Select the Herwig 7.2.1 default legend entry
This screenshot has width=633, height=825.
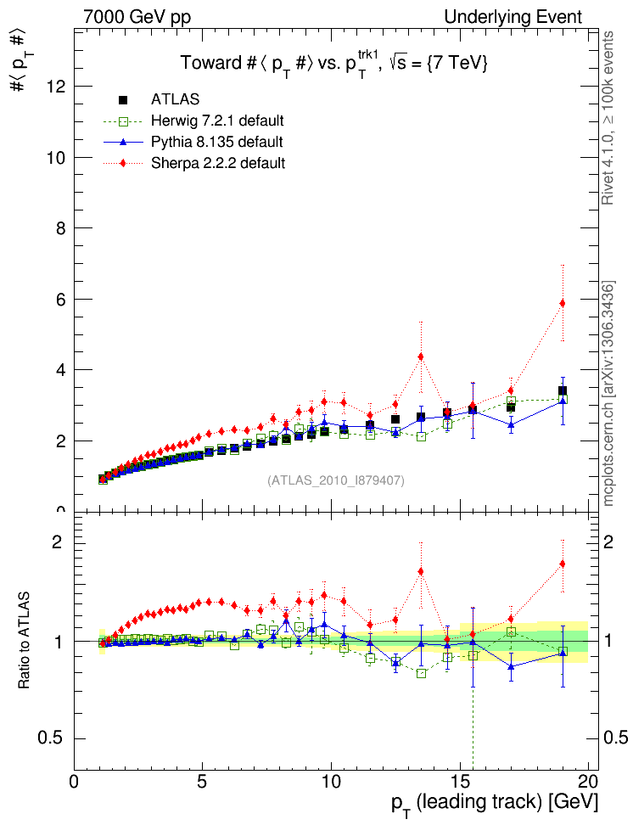[x=217, y=121]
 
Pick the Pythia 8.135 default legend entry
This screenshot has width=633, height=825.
[x=216, y=142]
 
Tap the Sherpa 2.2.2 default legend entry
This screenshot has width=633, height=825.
[x=217, y=163]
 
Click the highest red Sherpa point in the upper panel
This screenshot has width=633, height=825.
[x=562, y=303]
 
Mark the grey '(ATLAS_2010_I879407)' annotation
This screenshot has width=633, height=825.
[x=336, y=480]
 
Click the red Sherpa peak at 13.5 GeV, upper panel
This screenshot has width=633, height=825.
[x=421, y=356]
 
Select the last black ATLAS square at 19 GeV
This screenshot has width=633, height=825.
[x=562, y=390]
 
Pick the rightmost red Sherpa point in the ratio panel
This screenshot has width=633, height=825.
[x=562, y=564]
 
